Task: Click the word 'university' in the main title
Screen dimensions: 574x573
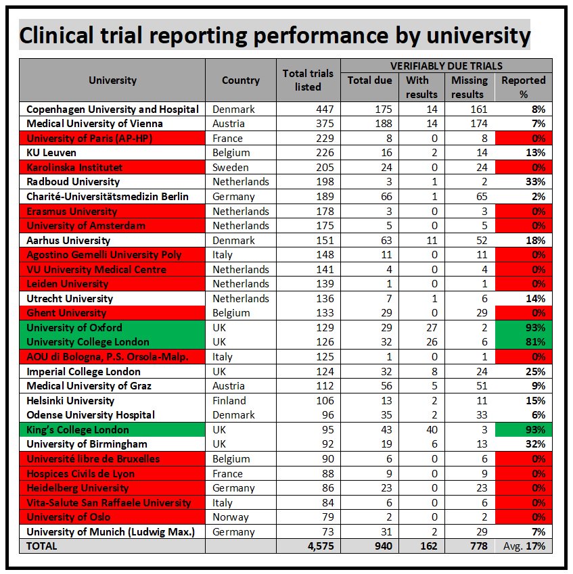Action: click(x=467, y=35)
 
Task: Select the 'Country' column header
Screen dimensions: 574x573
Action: click(x=240, y=80)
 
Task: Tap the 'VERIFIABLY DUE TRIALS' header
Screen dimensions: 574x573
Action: click(x=446, y=66)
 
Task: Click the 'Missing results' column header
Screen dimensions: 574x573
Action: click(x=468, y=87)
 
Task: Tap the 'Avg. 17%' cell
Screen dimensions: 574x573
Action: click(x=523, y=546)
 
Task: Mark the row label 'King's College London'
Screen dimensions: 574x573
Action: click(x=78, y=430)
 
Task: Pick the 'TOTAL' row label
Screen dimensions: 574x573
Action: click(x=42, y=546)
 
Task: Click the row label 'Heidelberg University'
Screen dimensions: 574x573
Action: click(x=78, y=488)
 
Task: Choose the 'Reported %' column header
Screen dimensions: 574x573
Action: click(x=523, y=87)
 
